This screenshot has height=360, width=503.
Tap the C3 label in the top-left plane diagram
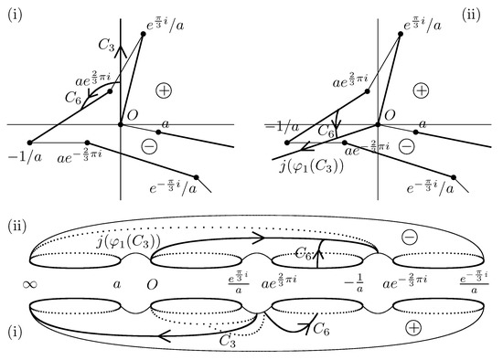click(x=106, y=42)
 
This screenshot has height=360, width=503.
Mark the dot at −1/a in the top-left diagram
click(x=30, y=142)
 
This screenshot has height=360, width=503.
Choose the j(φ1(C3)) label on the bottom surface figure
click(x=140, y=241)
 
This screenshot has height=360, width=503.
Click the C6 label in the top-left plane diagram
click(x=70, y=90)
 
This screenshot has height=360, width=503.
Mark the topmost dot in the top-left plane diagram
click(x=144, y=35)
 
